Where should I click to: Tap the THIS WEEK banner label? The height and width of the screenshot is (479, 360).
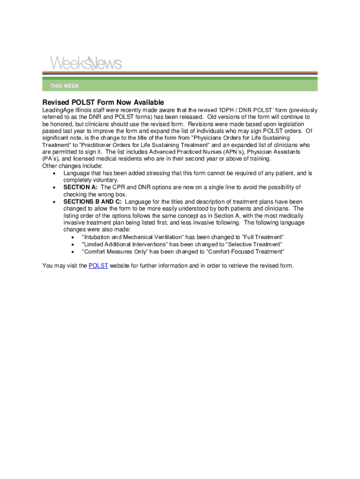pos(65,86)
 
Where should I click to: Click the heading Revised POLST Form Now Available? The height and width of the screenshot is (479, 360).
pos(103,102)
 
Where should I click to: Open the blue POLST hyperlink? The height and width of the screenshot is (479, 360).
pos(98,266)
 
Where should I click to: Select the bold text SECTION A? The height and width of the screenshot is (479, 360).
pos(80,187)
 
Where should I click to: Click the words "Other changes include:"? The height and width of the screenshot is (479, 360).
pos(72,166)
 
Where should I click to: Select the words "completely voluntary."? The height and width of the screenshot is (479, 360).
pos(91,180)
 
